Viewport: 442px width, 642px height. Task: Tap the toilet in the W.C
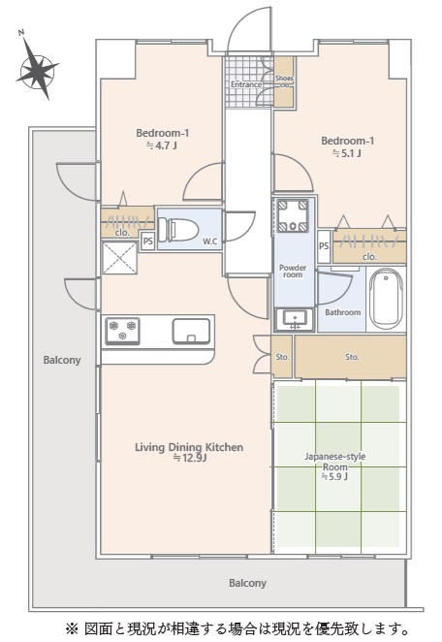point(178,230)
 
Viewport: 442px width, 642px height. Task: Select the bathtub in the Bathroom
point(386,298)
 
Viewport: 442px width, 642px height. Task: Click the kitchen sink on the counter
point(191,331)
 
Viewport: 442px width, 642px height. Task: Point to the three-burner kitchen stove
point(122,331)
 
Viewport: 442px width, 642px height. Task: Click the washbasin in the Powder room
point(295,319)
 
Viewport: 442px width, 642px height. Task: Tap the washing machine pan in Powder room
point(293,215)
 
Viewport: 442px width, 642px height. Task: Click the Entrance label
point(246,84)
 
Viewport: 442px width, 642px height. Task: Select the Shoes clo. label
point(284,81)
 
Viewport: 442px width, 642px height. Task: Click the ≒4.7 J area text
point(162,145)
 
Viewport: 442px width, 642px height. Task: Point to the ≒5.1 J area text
point(347,153)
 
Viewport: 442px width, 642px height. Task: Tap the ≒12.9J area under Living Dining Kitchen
point(189,458)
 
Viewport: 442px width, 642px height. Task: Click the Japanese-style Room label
point(334,462)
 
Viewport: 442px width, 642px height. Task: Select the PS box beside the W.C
point(147,241)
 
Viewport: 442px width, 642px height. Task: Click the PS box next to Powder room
point(324,246)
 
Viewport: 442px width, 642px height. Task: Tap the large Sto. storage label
point(352,357)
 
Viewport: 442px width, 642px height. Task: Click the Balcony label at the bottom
point(247,583)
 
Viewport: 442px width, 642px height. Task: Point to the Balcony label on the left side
point(62,360)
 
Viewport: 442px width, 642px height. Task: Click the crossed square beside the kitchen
point(119,258)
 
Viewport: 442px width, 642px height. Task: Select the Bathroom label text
point(343,312)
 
